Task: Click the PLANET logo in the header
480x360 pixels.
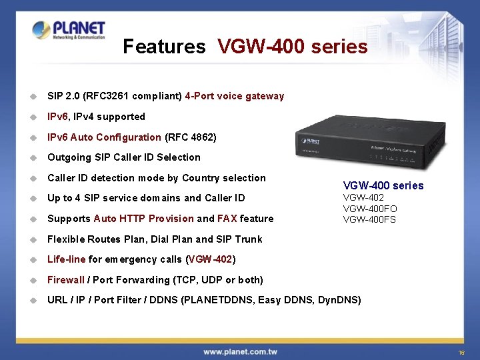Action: [x=69, y=31]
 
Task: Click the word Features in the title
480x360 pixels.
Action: [x=164, y=47]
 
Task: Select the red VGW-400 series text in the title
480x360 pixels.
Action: [x=292, y=47]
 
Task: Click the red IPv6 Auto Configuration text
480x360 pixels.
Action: [x=104, y=137]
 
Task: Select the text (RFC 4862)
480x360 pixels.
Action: [x=190, y=137]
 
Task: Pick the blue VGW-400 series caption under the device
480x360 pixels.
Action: [x=383, y=185]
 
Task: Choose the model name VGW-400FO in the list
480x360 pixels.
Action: [x=370, y=209]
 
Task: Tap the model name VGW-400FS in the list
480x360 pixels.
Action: [x=369, y=219]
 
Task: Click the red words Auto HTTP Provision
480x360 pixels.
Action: [x=144, y=219]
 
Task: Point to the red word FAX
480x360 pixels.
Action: [x=227, y=219]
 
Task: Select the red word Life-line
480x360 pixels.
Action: [x=66, y=259]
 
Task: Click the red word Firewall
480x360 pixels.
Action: [x=66, y=280]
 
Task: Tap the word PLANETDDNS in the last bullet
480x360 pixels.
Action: [x=218, y=300]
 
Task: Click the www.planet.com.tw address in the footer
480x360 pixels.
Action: [x=240, y=351]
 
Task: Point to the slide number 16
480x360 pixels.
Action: [x=461, y=352]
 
